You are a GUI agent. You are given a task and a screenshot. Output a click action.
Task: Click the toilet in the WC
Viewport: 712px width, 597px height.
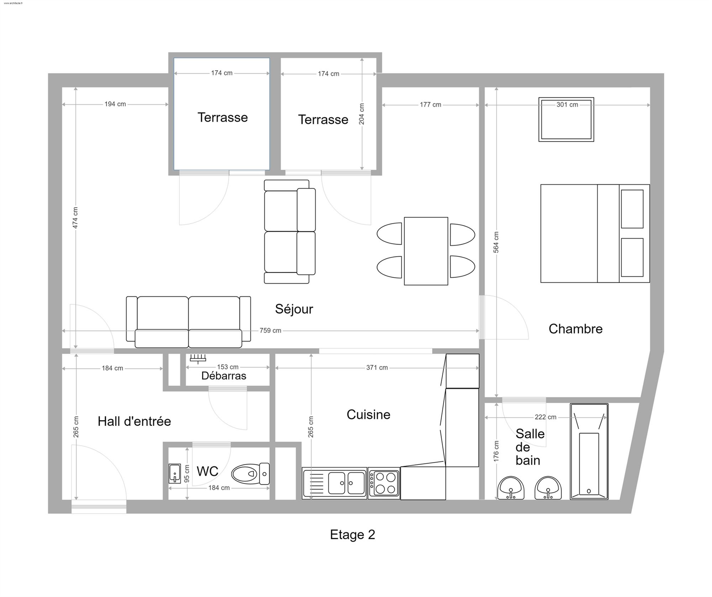[250, 474]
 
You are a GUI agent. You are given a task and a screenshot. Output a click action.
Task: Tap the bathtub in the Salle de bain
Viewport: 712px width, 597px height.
[589, 451]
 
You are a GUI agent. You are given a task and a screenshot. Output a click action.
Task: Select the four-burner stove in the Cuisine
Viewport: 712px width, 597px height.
[384, 483]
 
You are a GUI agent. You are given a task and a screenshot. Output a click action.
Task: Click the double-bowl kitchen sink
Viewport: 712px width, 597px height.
[334, 483]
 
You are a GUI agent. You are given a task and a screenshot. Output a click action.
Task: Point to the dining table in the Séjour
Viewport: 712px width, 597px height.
[426, 251]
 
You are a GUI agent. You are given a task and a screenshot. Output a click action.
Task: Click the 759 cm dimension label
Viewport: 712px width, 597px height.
[270, 330]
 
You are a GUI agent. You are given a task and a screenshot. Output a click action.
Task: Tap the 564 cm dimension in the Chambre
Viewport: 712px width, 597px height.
[496, 242]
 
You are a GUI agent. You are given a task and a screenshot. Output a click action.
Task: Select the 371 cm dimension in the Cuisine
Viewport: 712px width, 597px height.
[377, 367]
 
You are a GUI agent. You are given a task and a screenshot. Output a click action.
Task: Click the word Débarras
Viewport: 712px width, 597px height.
[224, 376]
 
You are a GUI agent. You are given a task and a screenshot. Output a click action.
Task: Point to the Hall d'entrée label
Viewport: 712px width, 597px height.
[134, 421]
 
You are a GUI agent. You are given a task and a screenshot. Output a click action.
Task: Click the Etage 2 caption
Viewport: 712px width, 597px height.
[352, 535]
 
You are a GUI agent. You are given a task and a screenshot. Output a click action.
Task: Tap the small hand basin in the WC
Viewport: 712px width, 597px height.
[174, 473]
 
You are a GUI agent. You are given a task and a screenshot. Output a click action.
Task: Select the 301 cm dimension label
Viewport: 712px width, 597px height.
[567, 104]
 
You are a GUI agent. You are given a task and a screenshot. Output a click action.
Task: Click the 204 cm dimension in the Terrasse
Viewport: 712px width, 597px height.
[361, 114]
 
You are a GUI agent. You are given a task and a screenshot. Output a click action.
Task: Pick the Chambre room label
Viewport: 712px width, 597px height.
[576, 329]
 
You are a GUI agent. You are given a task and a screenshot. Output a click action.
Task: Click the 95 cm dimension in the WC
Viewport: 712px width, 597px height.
[187, 474]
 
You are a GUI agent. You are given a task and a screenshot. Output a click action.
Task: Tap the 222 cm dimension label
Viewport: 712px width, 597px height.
[545, 417]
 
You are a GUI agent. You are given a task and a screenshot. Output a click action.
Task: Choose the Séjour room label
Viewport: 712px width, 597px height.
[294, 309]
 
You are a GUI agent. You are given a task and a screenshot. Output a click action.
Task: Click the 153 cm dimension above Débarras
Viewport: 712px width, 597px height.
[228, 367]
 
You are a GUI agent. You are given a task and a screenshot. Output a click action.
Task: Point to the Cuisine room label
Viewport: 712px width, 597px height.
[368, 415]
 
